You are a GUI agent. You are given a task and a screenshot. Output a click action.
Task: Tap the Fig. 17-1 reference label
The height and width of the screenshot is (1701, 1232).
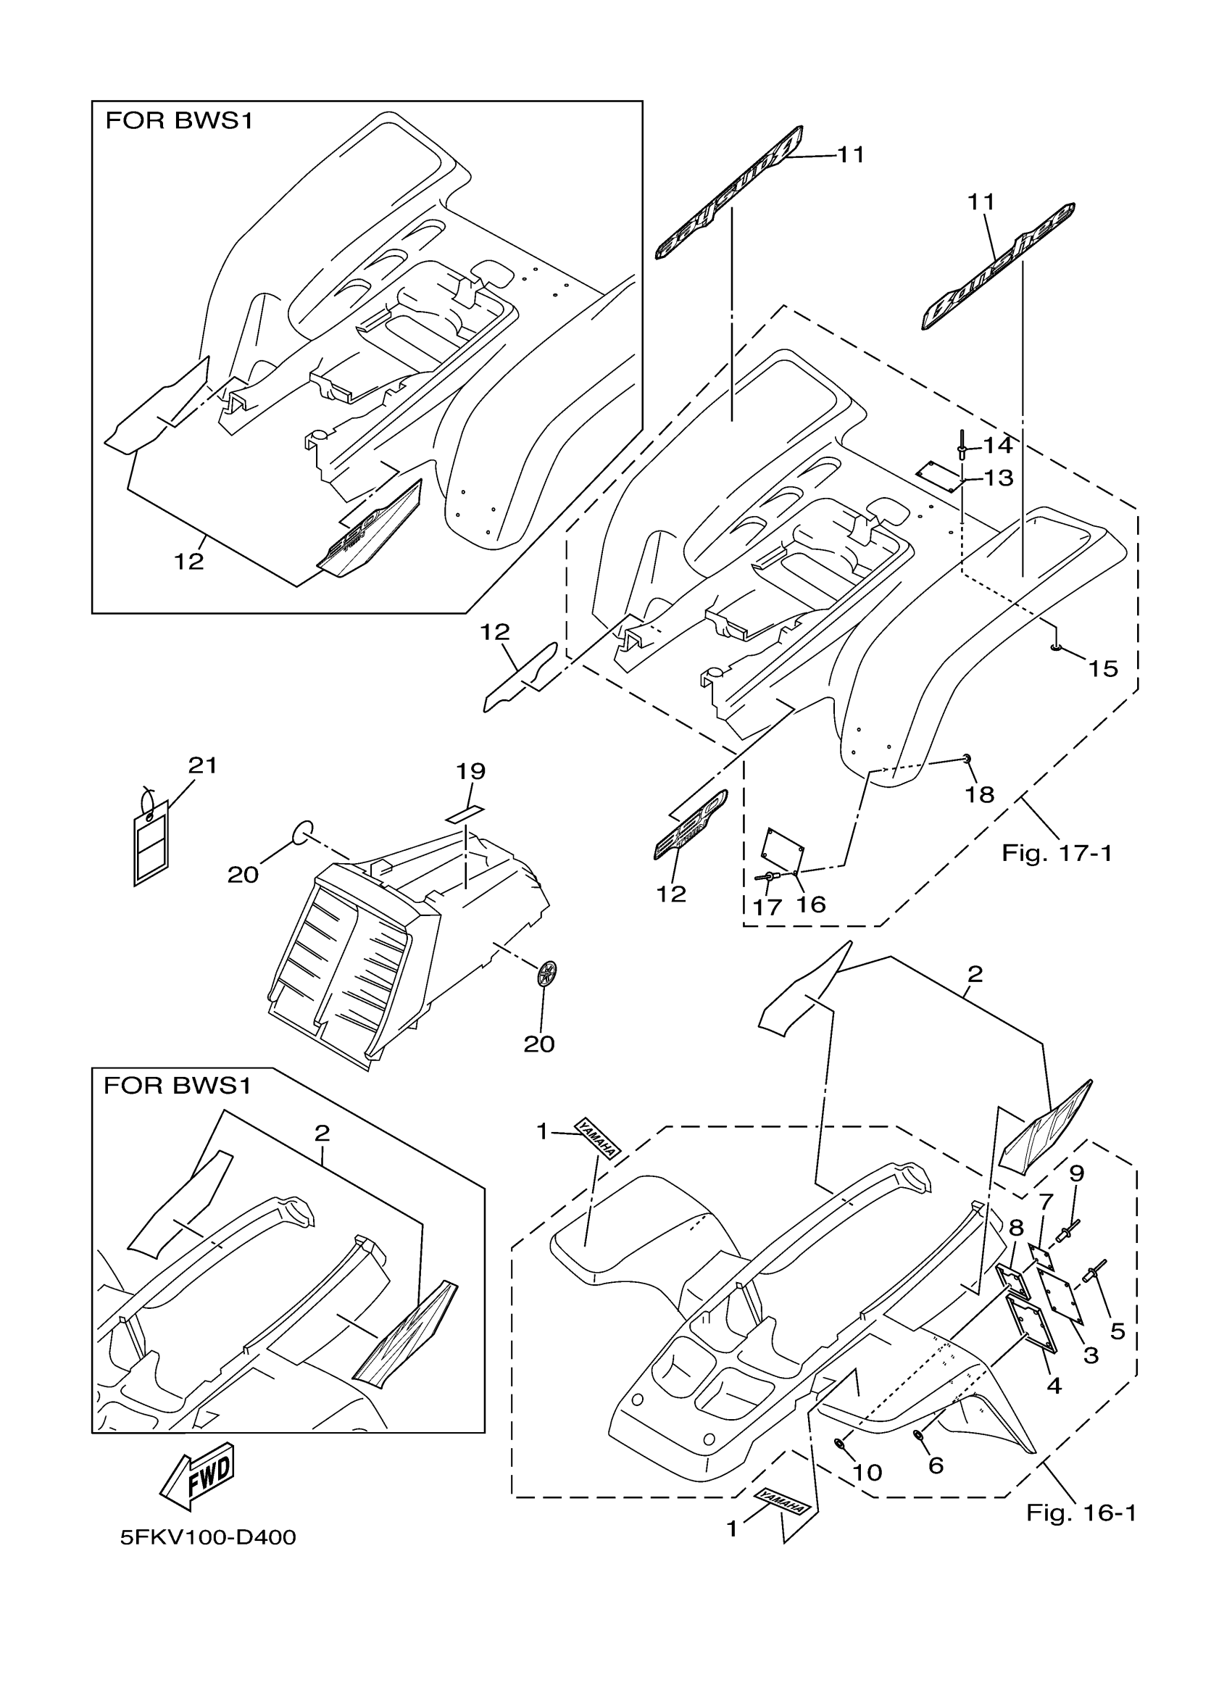point(1057,853)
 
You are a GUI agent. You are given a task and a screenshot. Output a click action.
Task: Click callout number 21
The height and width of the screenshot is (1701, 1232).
point(202,766)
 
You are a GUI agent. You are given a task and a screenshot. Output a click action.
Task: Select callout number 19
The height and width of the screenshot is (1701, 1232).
point(471,771)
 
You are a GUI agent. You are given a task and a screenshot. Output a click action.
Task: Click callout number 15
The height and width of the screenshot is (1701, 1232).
point(1103,668)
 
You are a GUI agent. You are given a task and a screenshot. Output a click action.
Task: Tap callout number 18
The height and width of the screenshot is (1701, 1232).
point(979,794)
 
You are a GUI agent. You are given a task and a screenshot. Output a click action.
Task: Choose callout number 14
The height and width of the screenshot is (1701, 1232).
point(997,446)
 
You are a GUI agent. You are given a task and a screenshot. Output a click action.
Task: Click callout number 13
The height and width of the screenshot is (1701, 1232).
point(998,478)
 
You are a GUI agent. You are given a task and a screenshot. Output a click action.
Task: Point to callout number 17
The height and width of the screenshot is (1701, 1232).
point(766,907)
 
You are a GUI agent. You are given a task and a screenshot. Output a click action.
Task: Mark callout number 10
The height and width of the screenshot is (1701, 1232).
point(867,1472)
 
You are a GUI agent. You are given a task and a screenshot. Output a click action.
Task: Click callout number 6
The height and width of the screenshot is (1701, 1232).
point(935,1465)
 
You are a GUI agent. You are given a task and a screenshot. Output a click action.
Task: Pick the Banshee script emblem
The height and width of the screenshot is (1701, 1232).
point(998,266)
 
